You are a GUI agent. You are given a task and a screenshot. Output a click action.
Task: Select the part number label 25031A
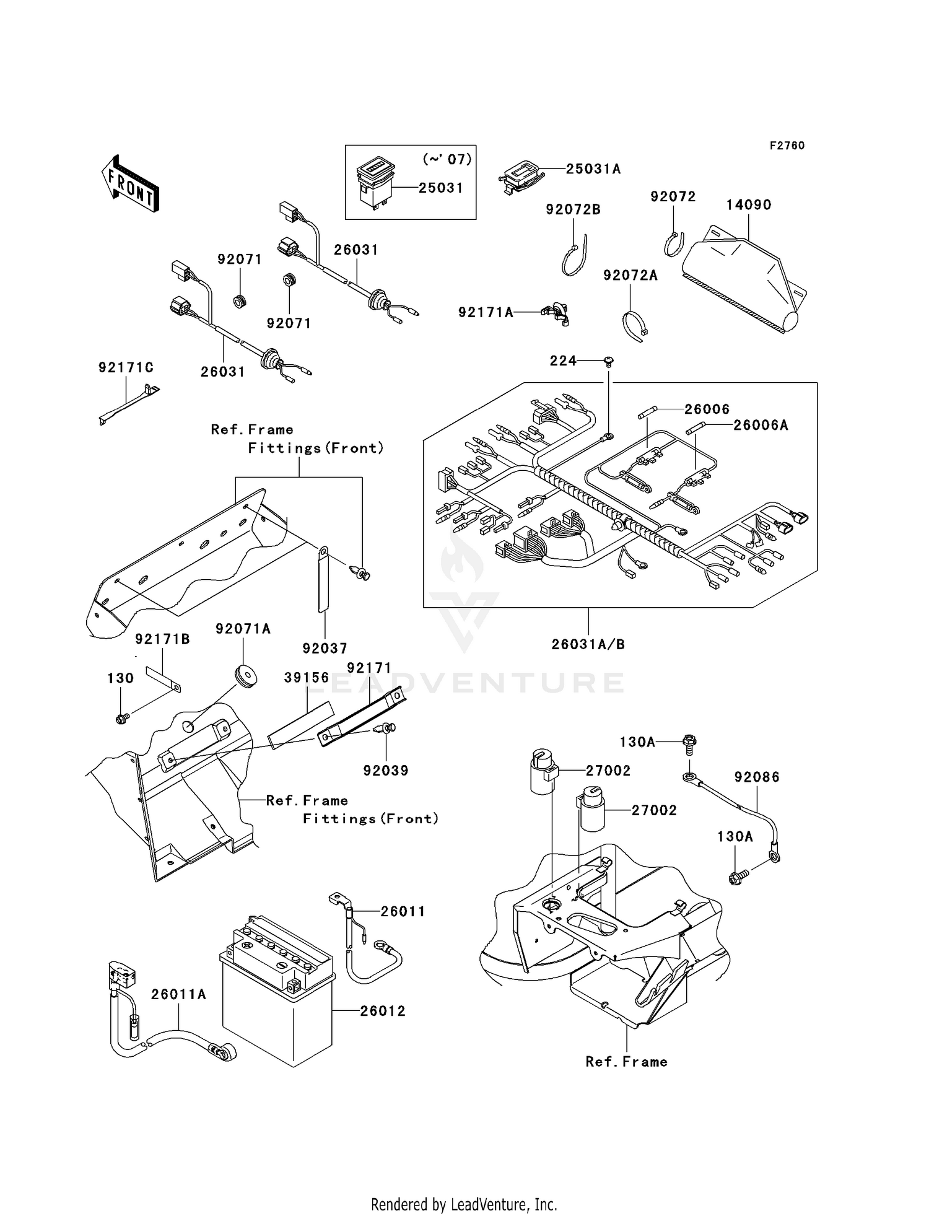point(593,169)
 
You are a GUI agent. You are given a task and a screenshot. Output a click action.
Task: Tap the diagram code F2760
point(787,146)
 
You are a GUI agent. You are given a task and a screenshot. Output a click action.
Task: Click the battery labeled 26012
point(277,995)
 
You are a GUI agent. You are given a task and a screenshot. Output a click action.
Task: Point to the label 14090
point(748,205)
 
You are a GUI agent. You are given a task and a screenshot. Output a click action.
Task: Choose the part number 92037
point(325,648)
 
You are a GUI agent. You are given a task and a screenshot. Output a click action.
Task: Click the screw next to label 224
point(608,360)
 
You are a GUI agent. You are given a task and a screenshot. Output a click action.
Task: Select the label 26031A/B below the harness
point(588,644)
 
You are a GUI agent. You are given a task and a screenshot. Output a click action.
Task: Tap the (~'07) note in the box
point(447,159)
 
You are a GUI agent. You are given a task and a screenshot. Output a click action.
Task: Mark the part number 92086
point(757,777)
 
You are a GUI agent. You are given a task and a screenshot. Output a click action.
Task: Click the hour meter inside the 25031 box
point(376,183)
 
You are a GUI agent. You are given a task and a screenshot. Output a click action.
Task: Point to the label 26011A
point(178,994)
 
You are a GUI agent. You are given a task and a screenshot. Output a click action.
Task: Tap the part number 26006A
point(761,425)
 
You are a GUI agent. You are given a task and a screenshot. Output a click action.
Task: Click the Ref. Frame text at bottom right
point(626,1062)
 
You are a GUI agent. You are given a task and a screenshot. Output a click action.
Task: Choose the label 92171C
point(126,368)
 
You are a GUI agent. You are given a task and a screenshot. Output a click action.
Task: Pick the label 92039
point(386,771)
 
